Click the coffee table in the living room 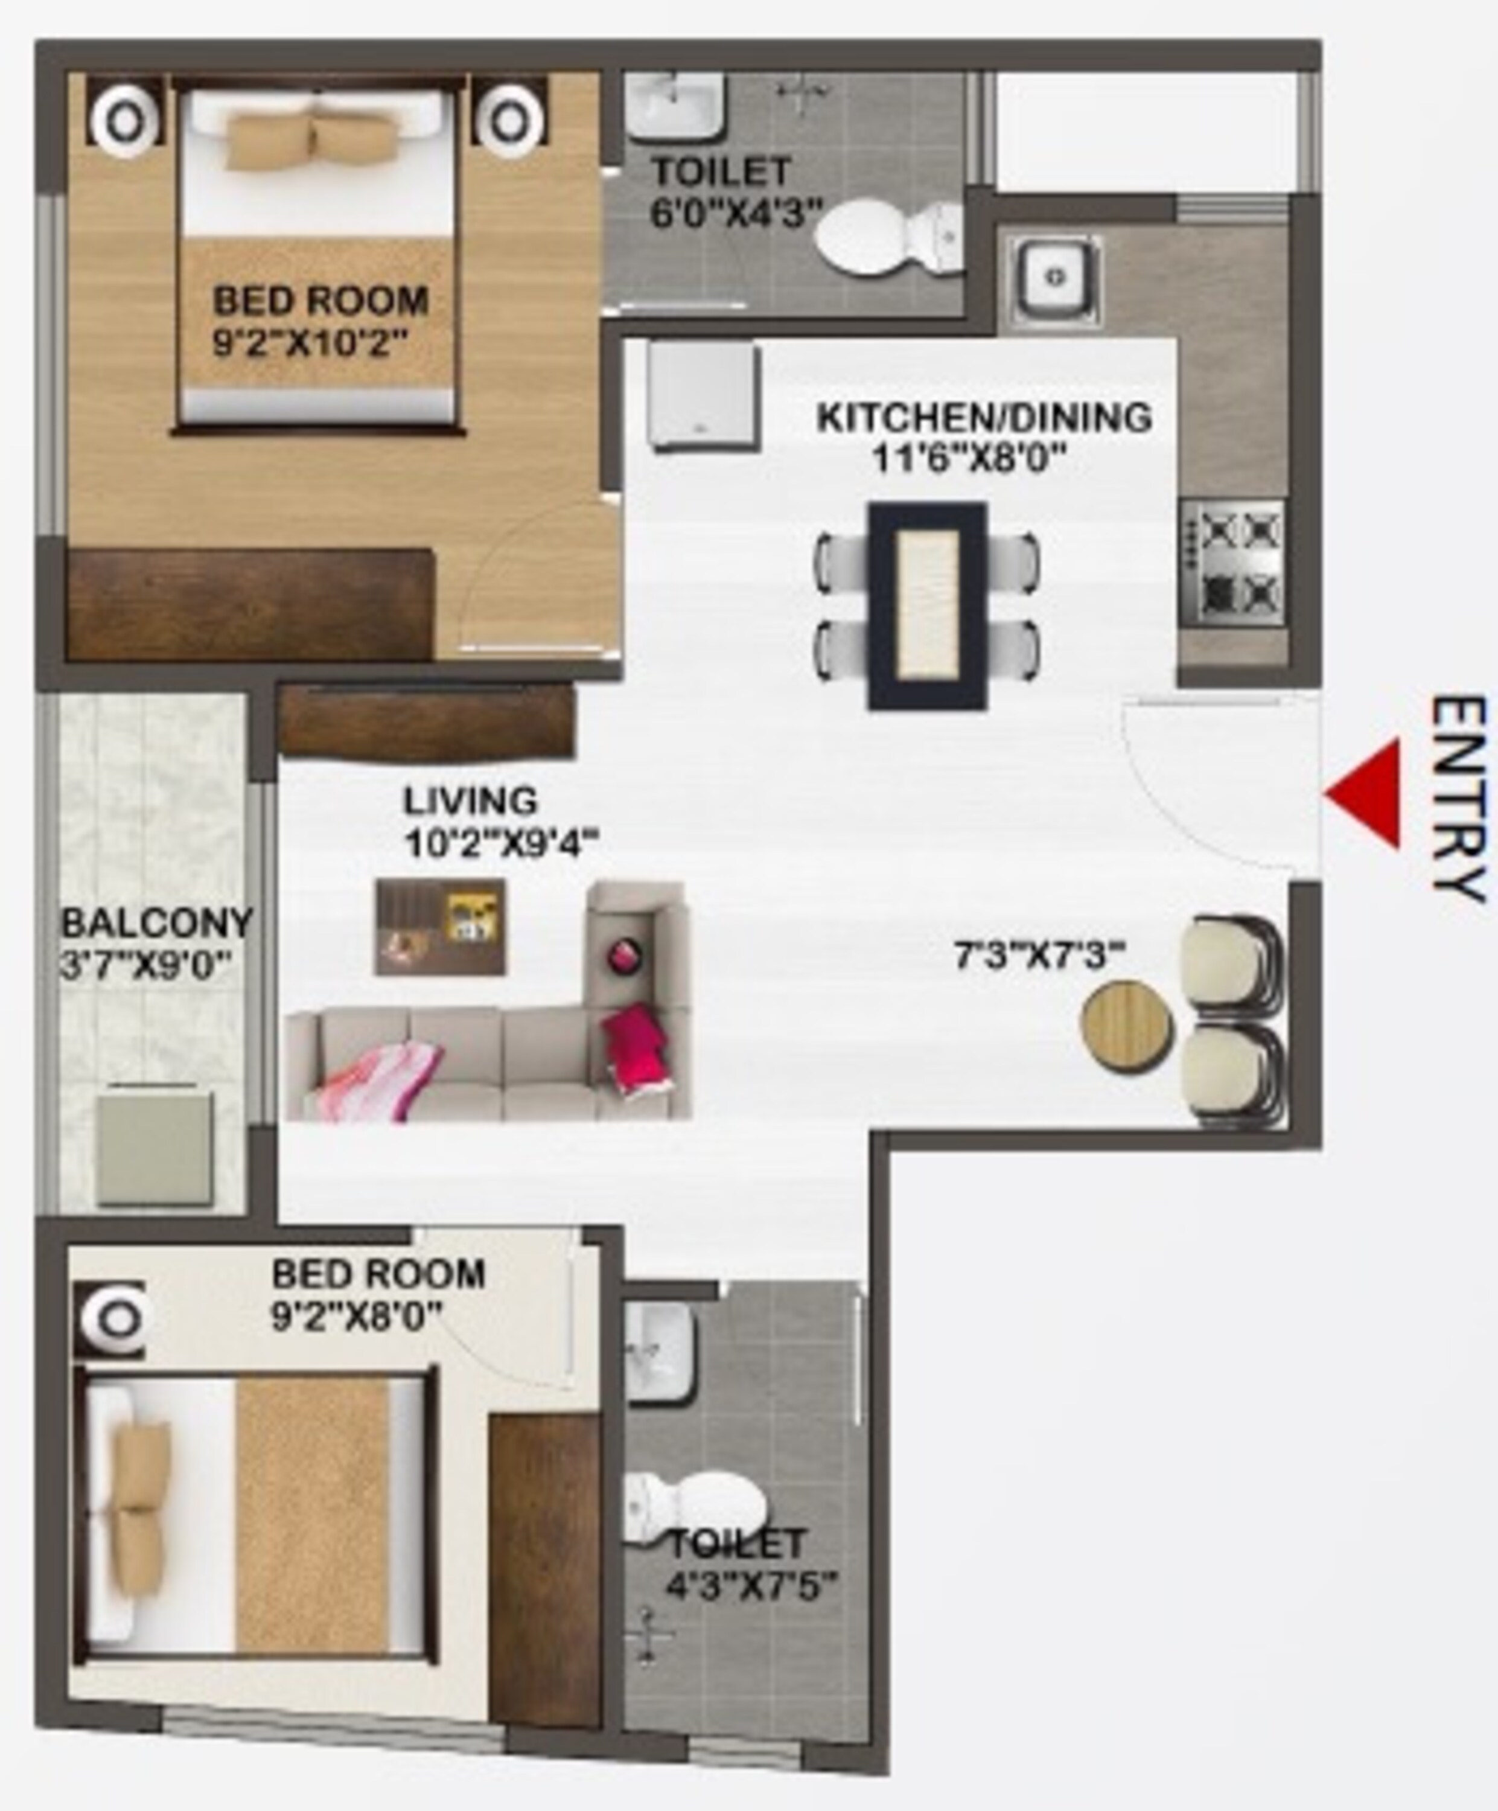point(440,927)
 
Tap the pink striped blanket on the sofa point(380,1078)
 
